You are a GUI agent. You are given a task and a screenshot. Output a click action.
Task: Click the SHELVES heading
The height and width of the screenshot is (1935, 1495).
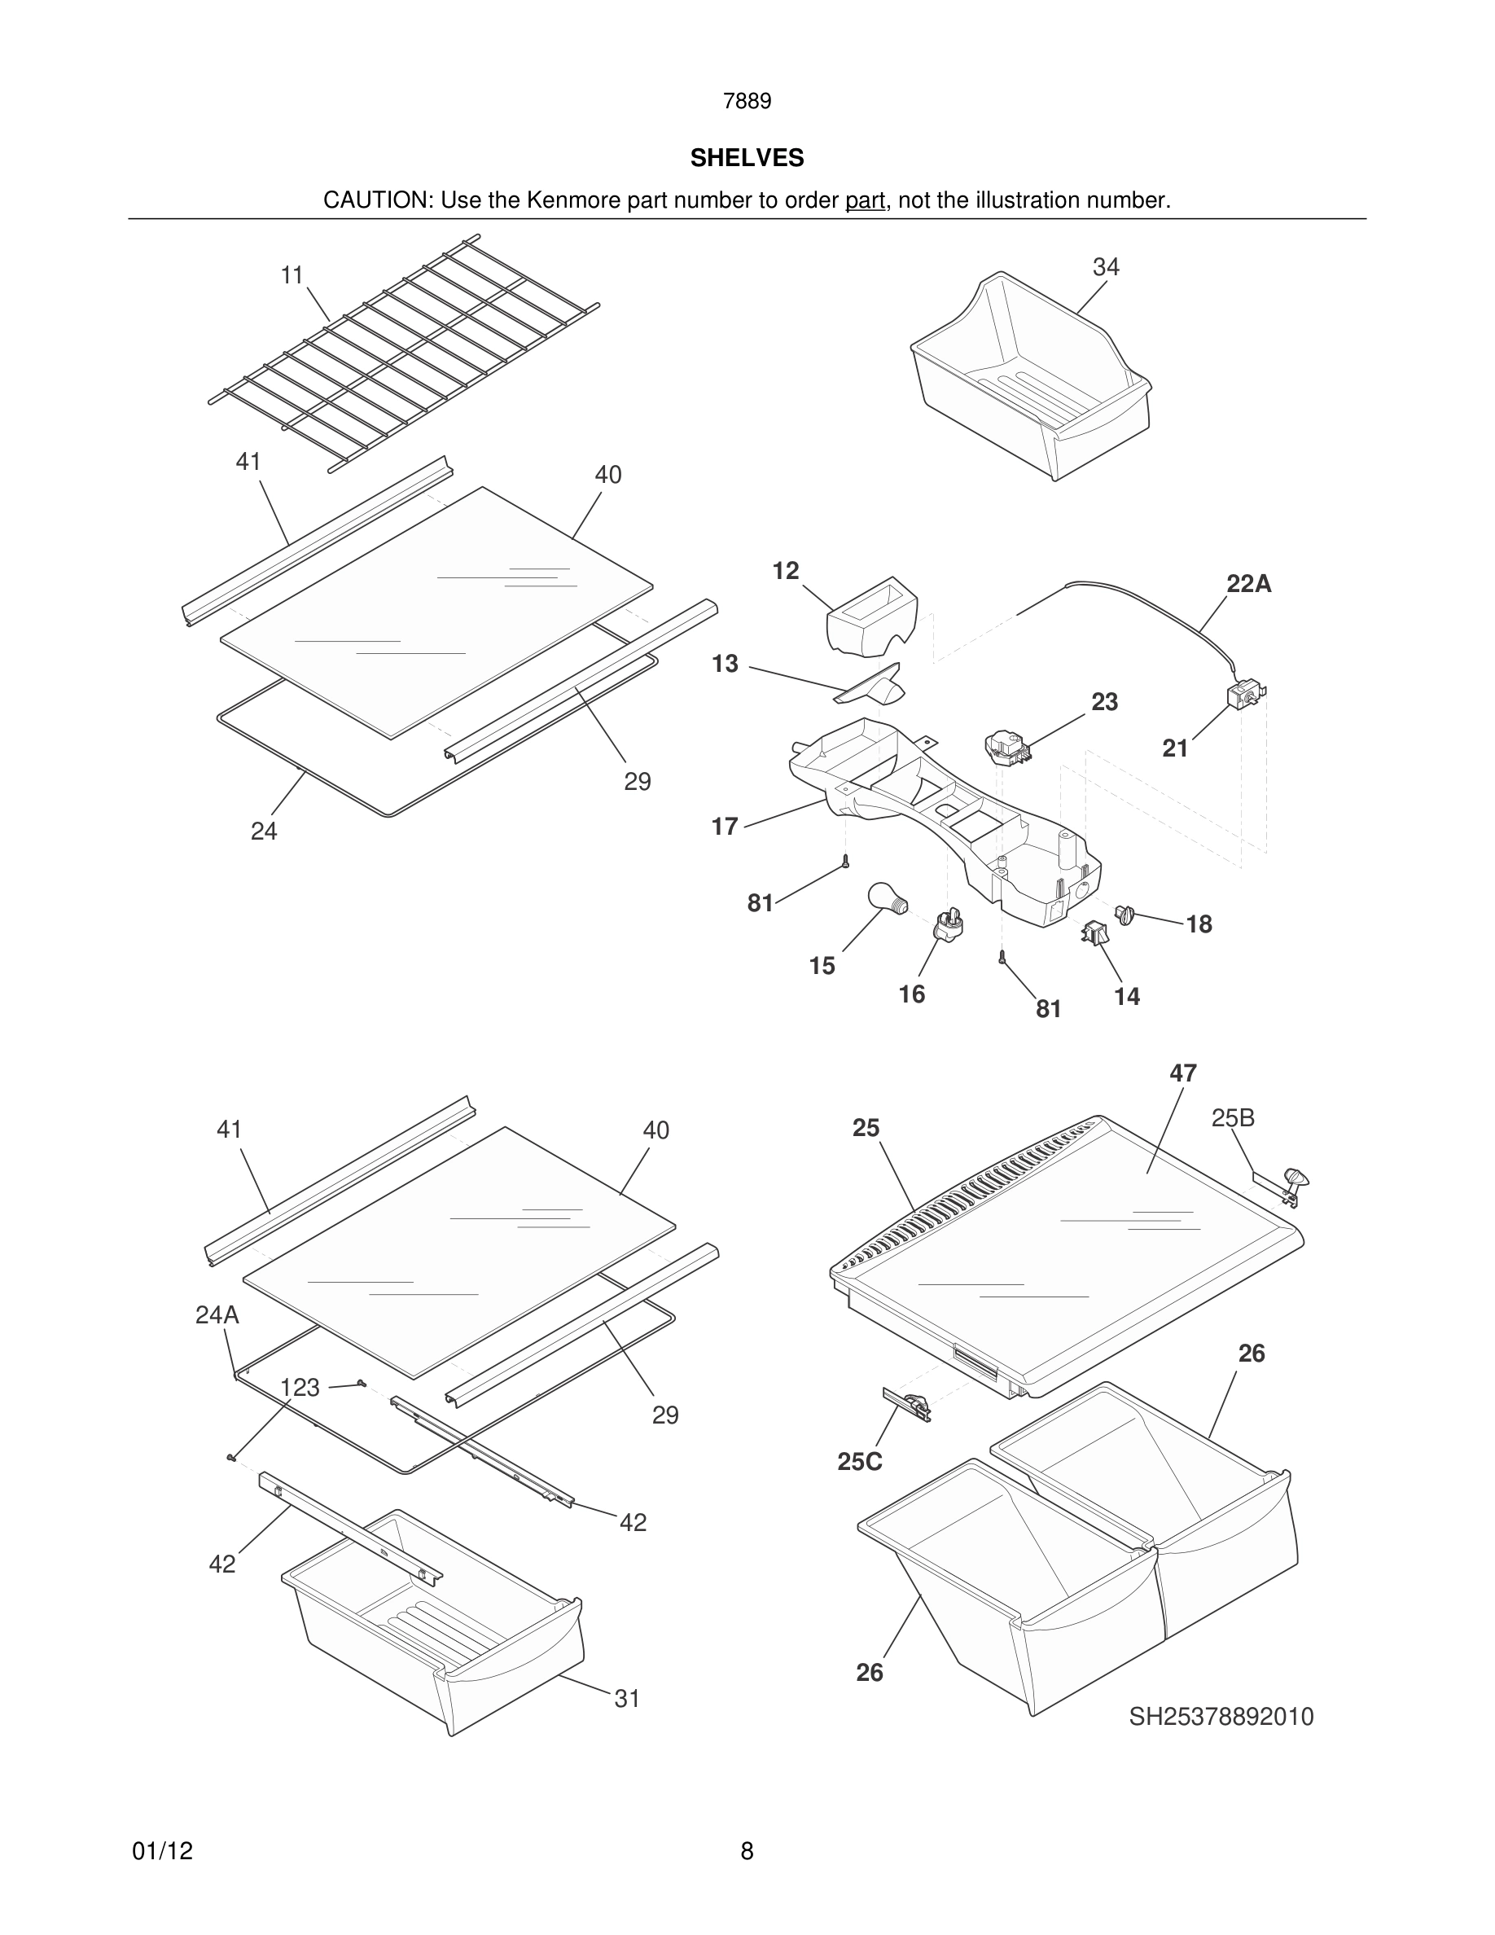[747, 158]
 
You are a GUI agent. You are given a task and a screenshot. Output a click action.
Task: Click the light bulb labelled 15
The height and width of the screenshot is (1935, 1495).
[887, 899]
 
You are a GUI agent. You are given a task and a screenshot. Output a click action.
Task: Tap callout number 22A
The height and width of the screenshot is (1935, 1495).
[1249, 584]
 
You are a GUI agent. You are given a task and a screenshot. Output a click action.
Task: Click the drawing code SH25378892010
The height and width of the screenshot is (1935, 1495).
[1221, 1717]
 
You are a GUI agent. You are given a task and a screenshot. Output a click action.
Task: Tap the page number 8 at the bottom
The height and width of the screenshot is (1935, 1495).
[747, 1851]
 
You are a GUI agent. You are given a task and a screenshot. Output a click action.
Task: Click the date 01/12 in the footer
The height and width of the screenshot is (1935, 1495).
[162, 1851]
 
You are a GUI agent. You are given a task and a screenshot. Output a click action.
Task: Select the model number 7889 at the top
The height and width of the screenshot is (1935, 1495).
[747, 102]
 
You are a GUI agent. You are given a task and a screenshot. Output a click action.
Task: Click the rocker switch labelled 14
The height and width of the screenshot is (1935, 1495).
[1094, 932]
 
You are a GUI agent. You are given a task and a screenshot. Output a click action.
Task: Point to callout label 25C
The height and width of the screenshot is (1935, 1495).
[859, 1461]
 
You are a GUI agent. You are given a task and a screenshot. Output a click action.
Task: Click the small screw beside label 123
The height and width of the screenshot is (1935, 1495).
[362, 1383]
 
